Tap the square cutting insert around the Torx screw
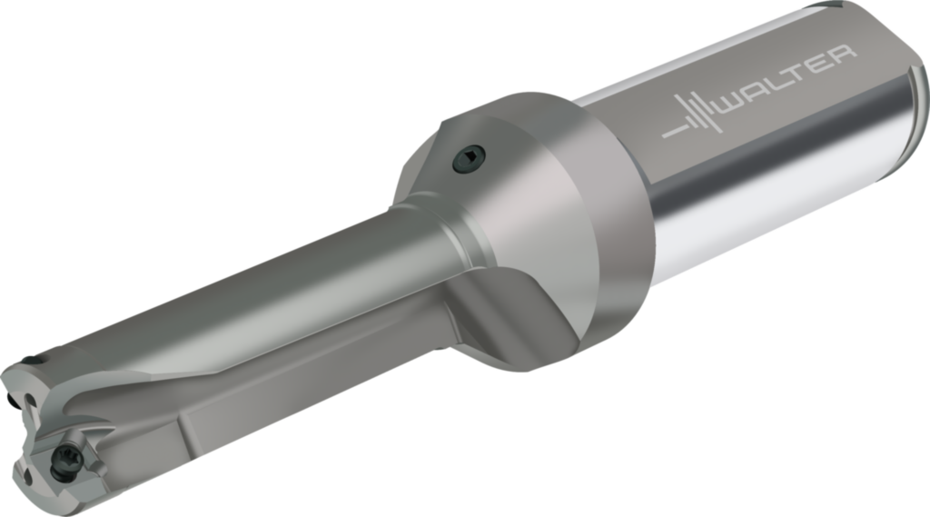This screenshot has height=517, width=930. point(68,454)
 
